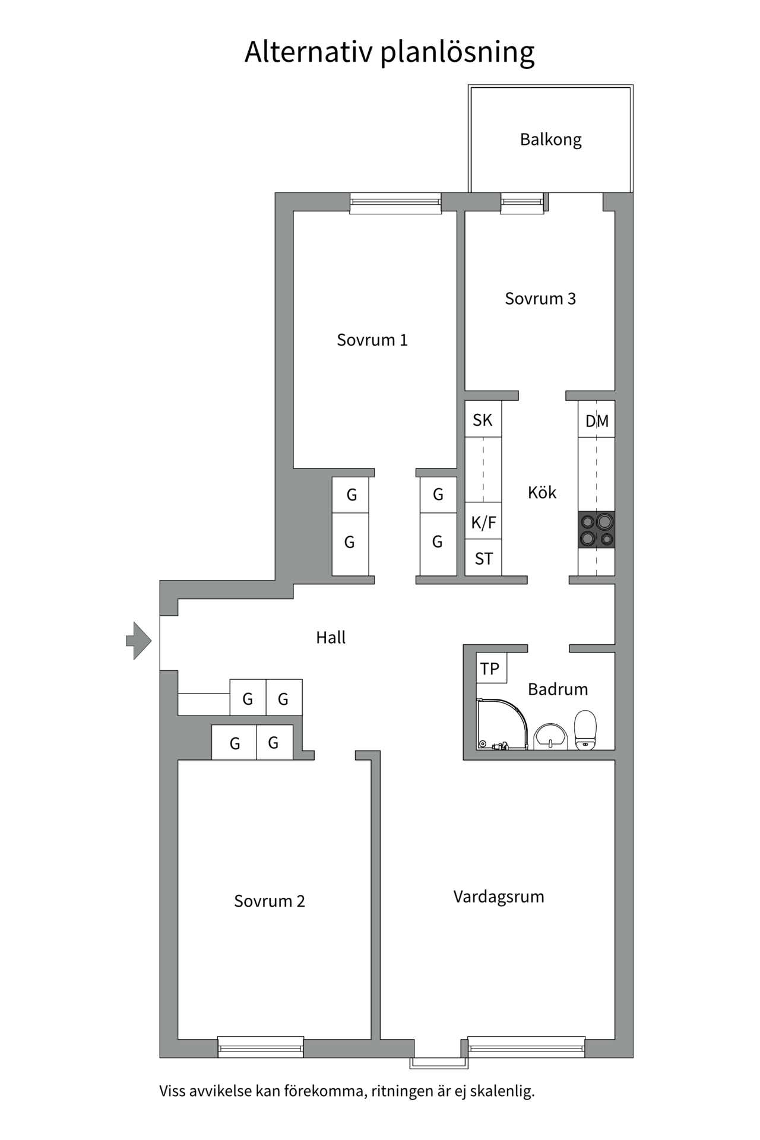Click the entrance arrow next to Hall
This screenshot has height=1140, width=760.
[140, 641]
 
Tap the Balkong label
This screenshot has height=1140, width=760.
[550, 140]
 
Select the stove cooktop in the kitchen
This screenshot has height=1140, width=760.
[596, 530]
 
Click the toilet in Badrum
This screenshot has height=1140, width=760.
[585, 730]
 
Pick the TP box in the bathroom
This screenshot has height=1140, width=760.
[490, 669]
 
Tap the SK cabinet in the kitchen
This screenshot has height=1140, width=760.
[483, 420]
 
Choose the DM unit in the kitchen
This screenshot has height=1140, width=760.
[596, 420]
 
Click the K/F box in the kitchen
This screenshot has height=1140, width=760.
[483, 522]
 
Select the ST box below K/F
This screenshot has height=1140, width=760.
[483, 558]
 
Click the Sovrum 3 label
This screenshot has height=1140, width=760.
[540, 298]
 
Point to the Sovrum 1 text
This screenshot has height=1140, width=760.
[372, 340]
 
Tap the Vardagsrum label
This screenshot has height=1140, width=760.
[499, 896]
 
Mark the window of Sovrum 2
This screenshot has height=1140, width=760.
[261, 1047]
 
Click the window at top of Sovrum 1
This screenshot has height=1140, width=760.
[395, 203]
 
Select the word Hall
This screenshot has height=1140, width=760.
[331, 637]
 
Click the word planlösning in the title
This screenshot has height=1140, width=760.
[457, 52]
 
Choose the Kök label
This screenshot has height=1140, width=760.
[541, 492]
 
